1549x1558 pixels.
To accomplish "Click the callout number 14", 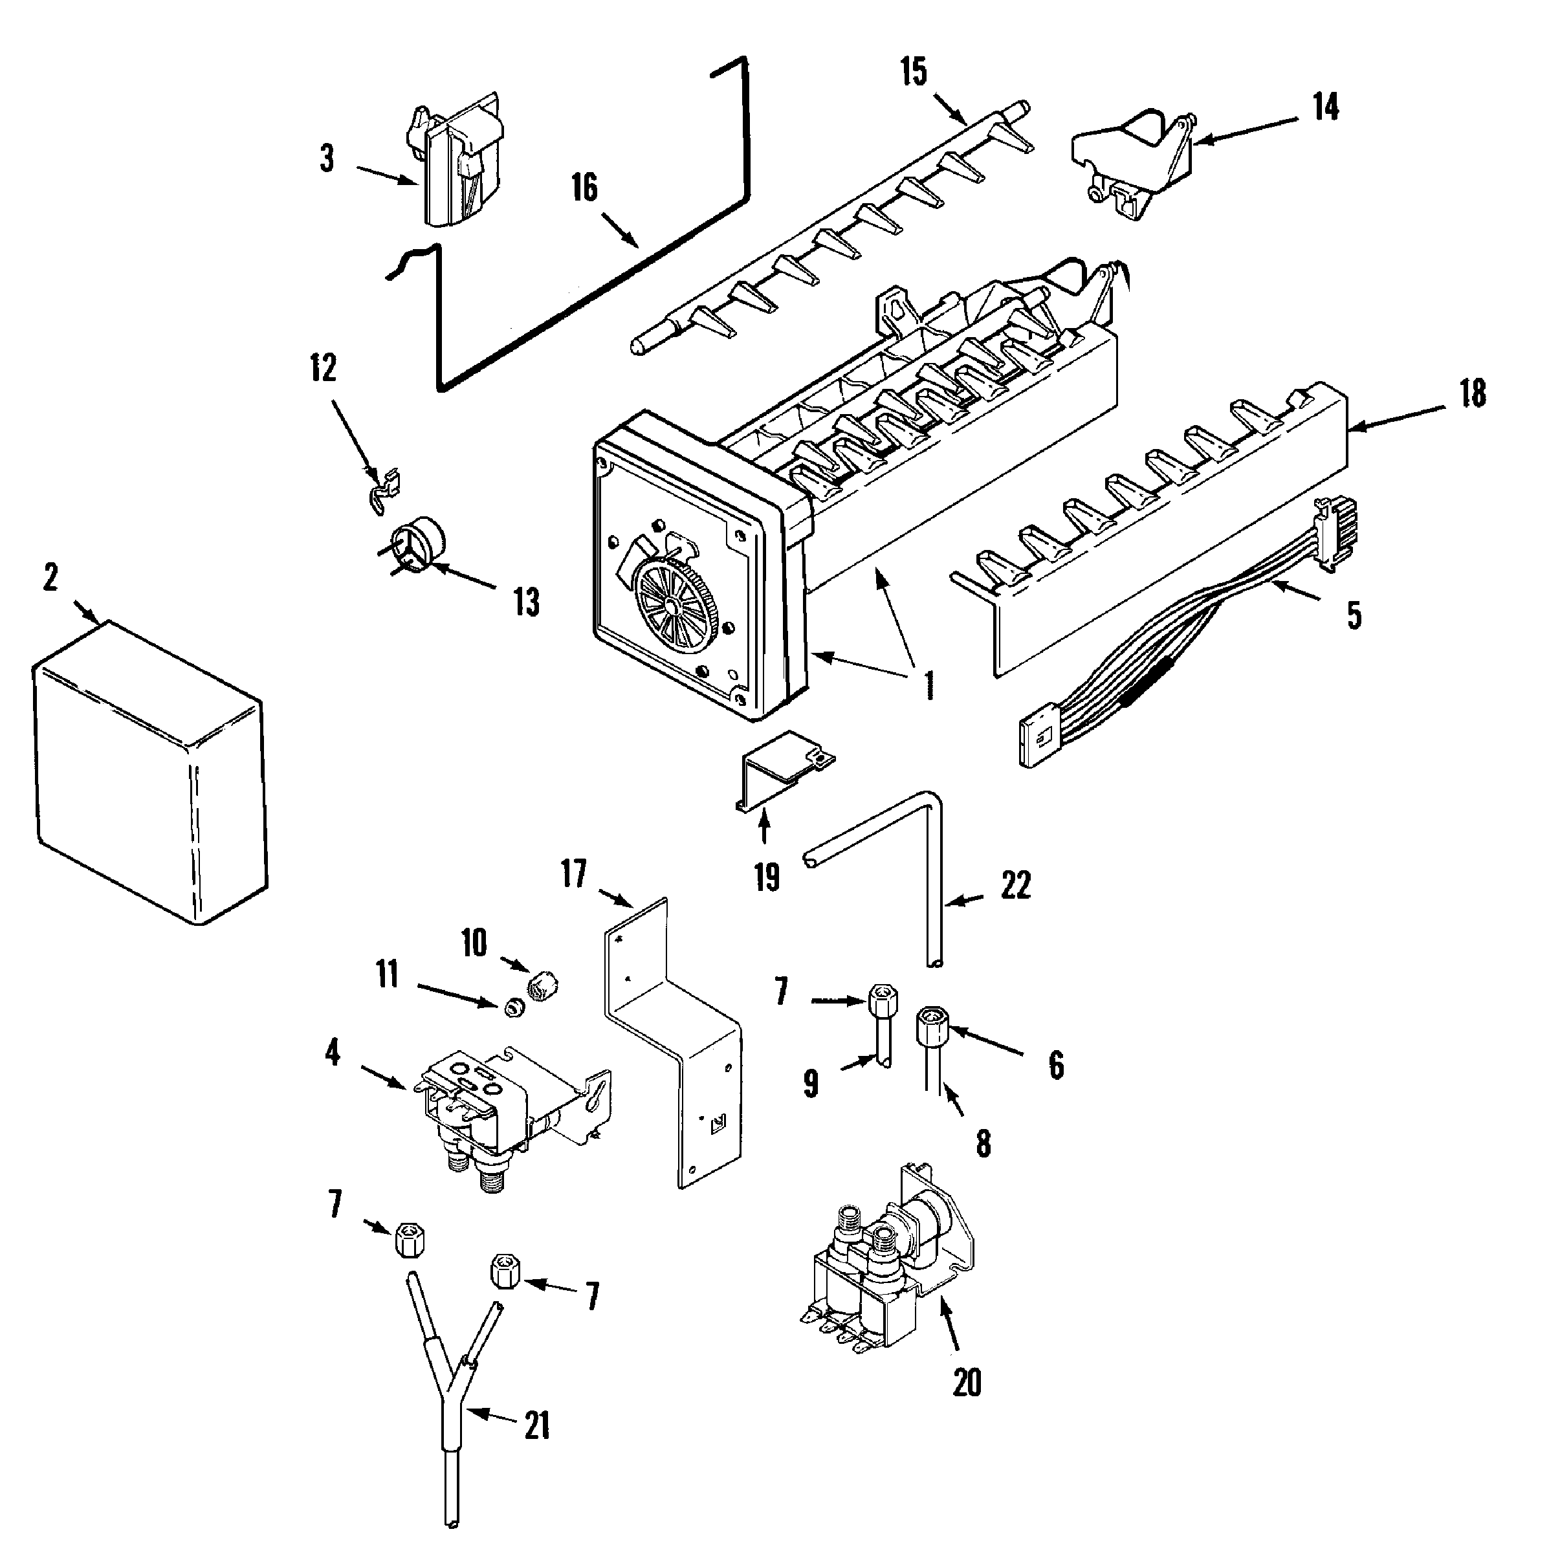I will (x=1326, y=107).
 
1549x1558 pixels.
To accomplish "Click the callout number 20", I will (x=967, y=1383).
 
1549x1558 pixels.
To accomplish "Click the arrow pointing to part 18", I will (x=1395, y=417).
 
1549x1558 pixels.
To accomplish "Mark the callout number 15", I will (x=914, y=72).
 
